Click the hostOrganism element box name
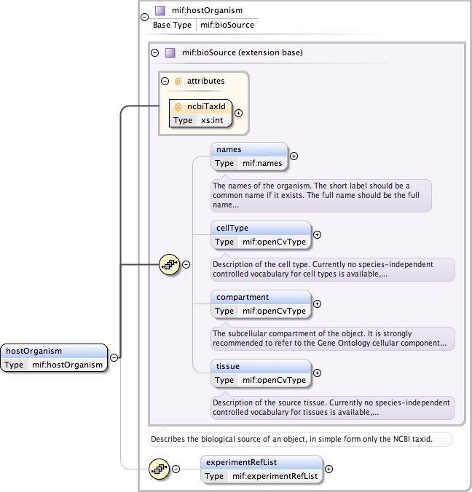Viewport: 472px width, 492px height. [34, 351]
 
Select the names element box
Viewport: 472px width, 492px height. [249, 156]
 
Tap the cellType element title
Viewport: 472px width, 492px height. [232, 228]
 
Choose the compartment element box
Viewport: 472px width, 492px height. [261, 303]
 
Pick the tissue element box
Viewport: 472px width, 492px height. [261, 373]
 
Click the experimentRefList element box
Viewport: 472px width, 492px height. [261, 469]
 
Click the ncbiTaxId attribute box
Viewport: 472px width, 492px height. [200, 113]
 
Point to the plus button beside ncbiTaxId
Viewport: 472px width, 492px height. [238, 113]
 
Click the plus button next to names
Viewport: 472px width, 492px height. [294, 155]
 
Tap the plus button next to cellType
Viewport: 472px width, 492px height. [317, 234]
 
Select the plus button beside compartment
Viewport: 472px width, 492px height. [317, 303]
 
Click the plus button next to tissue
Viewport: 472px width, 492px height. [317, 373]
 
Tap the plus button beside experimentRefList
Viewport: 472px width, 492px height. [329, 469]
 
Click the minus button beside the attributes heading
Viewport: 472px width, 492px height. [166, 81]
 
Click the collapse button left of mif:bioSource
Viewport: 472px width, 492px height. [154, 52]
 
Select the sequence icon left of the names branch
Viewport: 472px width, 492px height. [169, 264]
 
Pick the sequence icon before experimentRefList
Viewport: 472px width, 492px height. [158, 469]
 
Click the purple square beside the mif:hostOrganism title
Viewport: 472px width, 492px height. [160, 10]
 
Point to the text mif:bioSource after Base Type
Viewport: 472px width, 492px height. [227, 25]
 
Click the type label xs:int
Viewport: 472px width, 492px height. [212, 120]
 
